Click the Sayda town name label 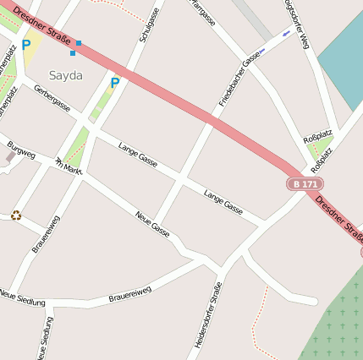[66, 75]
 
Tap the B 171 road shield [305, 183]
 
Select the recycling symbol [16, 215]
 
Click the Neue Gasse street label [152, 223]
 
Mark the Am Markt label [69, 166]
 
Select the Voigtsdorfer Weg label [295, 25]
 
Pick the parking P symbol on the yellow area [26, 45]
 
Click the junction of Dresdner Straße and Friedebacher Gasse [210, 120]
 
